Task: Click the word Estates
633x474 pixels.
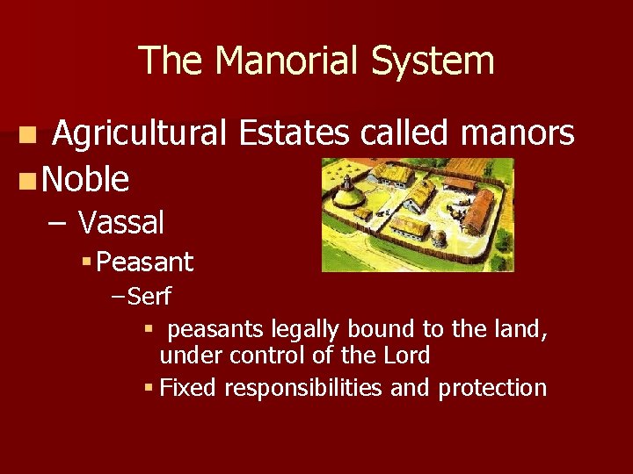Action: click(x=295, y=134)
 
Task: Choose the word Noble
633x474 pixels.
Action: click(x=85, y=179)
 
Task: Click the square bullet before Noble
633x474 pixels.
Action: click(x=28, y=180)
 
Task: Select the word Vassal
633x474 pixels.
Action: click(x=120, y=223)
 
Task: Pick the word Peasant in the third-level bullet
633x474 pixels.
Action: click(x=147, y=262)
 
